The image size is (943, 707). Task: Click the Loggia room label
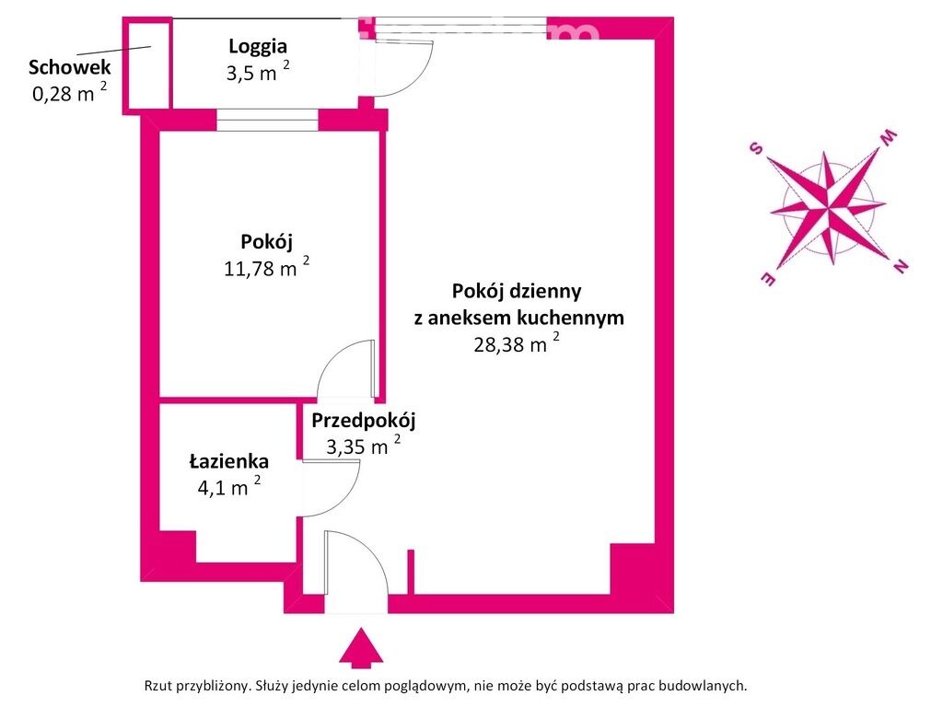(258, 47)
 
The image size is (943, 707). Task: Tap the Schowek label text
(70, 66)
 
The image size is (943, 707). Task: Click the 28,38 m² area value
(517, 343)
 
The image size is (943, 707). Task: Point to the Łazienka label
(229, 461)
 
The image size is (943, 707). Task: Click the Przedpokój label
(363, 421)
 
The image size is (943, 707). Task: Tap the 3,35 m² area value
(363, 446)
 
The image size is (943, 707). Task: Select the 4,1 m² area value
(229, 486)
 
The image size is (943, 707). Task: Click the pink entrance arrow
(361, 647)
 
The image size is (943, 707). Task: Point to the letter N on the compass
(901, 265)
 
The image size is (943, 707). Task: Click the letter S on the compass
(756, 148)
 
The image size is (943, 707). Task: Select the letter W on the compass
(889, 137)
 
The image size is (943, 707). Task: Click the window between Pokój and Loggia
(267, 121)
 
